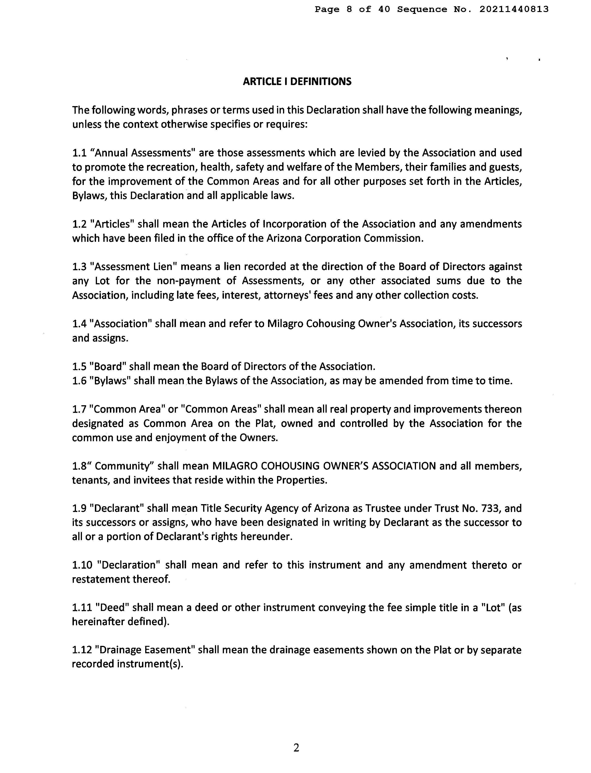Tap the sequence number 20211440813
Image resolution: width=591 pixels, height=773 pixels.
[514, 9]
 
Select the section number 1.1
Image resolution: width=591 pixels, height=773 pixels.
[79, 153]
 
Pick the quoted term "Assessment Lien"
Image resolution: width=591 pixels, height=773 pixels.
[133, 267]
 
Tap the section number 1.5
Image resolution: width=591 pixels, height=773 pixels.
[79, 367]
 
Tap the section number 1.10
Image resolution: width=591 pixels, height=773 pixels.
[82, 565]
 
